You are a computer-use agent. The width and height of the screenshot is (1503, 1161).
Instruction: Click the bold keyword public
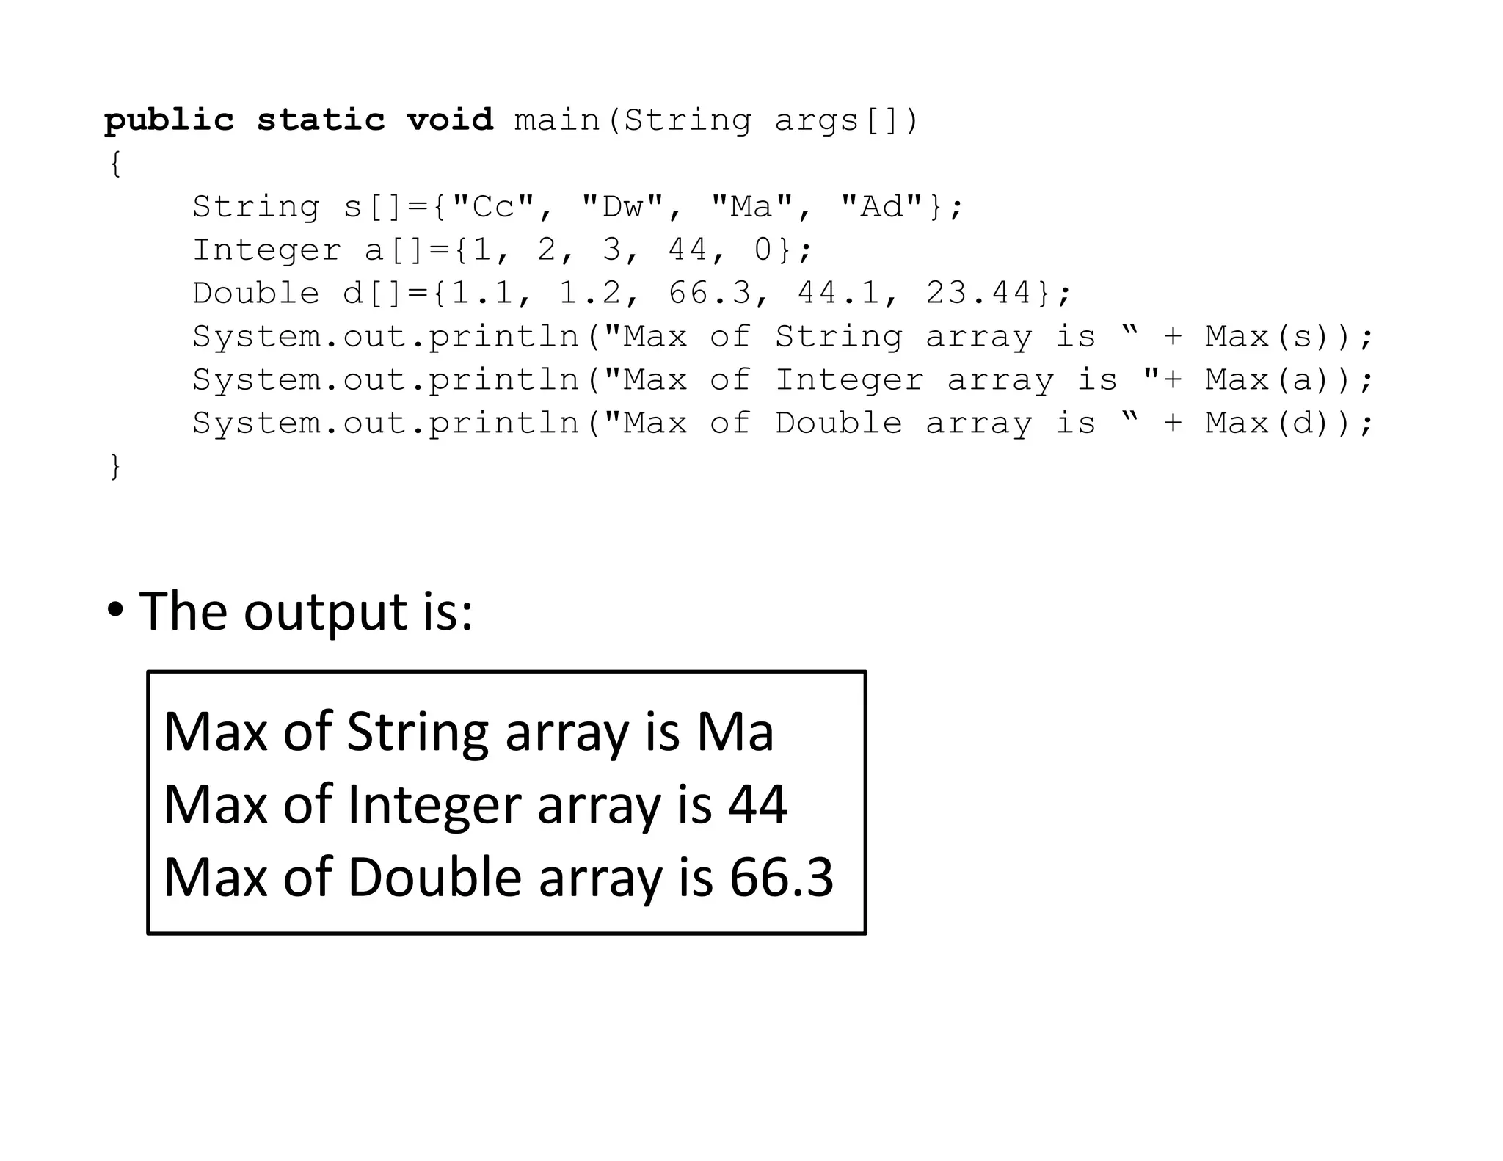(169, 120)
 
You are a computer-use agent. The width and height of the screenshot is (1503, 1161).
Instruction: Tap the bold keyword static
(321, 120)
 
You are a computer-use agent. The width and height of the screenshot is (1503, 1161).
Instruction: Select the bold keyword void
(450, 120)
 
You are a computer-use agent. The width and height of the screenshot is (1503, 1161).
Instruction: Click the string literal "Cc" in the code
(493, 207)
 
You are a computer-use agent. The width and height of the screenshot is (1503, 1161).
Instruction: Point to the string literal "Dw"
(622, 207)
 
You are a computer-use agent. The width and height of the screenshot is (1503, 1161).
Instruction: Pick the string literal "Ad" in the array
(881, 207)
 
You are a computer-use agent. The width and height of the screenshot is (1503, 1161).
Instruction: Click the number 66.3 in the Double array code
(710, 294)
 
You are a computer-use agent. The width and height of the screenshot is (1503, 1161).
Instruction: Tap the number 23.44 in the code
(979, 294)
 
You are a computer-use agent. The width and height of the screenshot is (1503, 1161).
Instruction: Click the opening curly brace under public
(115, 164)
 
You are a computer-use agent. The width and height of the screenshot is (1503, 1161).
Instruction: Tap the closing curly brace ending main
(115, 467)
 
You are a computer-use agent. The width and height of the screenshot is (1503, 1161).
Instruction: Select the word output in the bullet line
(325, 612)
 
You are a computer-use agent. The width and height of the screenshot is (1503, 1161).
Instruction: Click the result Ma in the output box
(735, 732)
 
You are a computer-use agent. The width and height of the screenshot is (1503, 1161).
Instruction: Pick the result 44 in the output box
(757, 804)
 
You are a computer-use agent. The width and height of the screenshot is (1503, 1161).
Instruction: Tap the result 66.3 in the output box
(781, 877)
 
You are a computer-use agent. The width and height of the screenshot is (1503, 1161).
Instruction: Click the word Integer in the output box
(434, 806)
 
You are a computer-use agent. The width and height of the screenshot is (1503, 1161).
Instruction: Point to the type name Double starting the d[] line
(255, 294)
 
